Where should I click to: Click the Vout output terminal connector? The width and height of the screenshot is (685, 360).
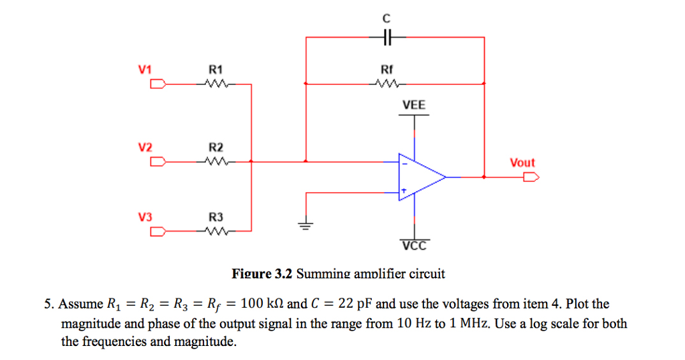pos(531,177)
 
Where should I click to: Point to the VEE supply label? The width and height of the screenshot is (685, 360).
pos(413,105)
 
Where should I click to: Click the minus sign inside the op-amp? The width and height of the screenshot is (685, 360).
pos(403,163)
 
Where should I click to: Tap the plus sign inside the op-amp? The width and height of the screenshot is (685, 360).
pos(403,191)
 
